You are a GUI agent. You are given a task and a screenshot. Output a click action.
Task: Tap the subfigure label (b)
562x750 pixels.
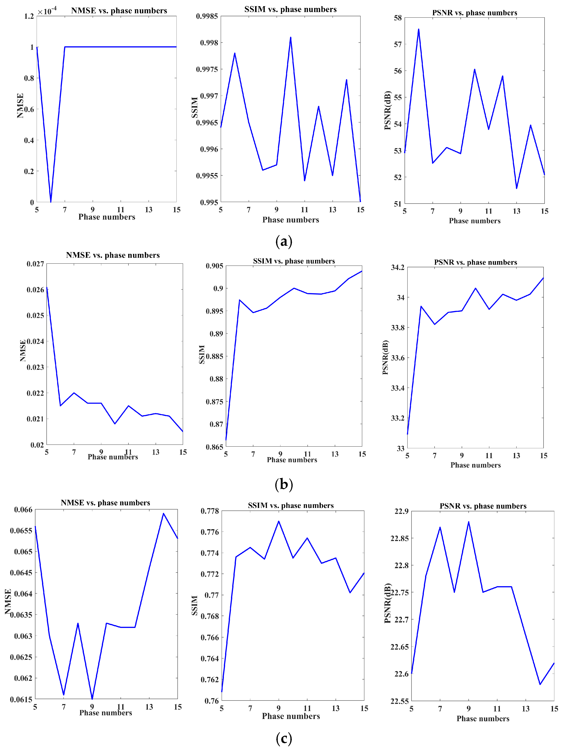click(x=284, y=484)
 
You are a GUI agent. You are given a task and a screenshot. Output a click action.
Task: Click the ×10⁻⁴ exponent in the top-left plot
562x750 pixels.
click(x=47, y=11)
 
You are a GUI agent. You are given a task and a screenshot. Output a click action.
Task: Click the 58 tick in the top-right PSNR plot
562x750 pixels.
click(x=398, y=18)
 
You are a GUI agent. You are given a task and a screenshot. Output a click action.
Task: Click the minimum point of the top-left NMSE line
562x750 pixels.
click(x=51, y=202)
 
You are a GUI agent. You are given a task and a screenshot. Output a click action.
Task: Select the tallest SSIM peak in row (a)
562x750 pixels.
click(x=291, y=37)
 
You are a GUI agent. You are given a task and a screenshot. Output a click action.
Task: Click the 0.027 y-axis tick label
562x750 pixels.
click(x=35, y=264)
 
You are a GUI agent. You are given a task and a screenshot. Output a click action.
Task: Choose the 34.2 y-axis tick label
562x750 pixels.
click(x=398, y=268)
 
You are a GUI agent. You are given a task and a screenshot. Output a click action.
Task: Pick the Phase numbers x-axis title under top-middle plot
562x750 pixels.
click(x=291, y=220)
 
